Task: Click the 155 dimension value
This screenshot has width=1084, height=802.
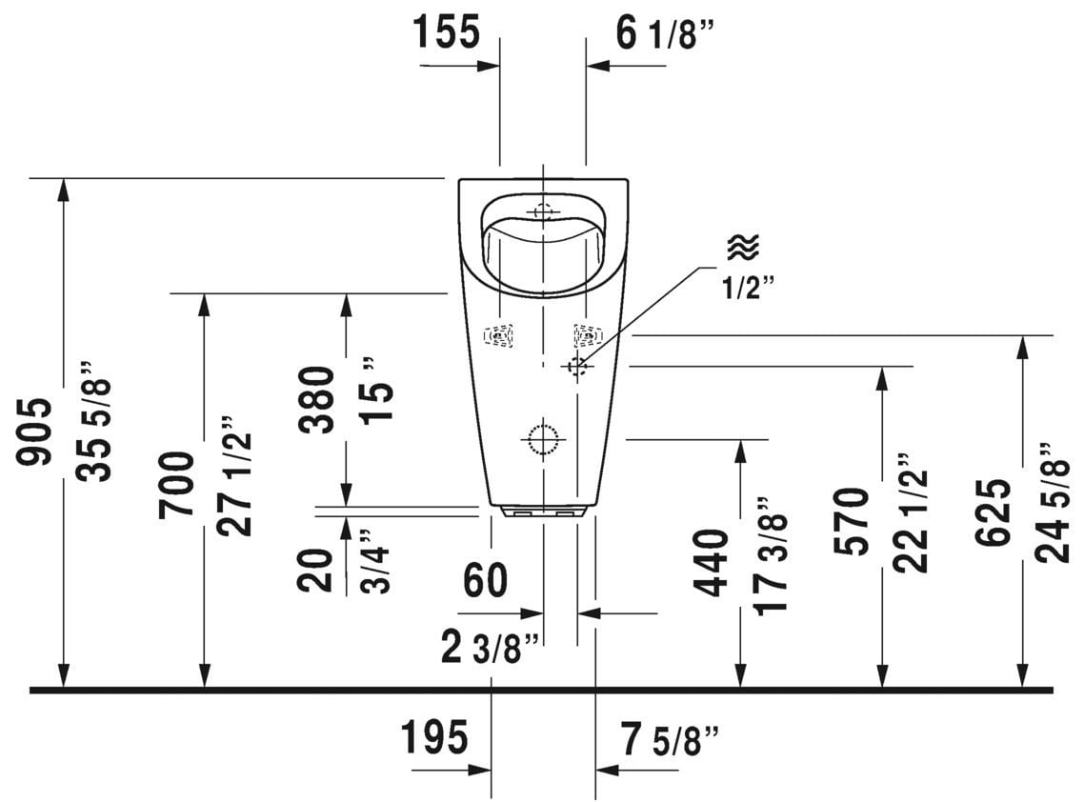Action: click(x=446, y=31)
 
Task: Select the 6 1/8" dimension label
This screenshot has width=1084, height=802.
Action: click(x=664, y=33)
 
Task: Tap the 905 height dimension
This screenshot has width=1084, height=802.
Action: click(x=34, y=431)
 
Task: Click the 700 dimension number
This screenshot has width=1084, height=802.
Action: click(x=176, y=485)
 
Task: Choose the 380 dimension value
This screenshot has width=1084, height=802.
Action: click(x=316, y=400)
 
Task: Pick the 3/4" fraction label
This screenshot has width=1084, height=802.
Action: click(x=376, y=561)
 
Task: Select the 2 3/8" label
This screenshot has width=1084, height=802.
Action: click(x=490, y=648)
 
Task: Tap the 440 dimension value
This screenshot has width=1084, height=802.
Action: click(x=712, y=562)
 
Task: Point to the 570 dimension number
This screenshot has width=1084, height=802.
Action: click(x=852, y=521)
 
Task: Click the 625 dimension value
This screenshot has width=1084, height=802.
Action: click(x=994, y=511)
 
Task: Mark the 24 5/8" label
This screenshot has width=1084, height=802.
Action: click(x=1054, y=503)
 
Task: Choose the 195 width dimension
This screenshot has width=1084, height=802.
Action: click(x=434, y=737)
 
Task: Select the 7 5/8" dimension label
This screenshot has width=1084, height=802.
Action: click(x=670, y=739)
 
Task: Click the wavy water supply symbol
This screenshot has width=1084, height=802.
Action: click(x=743, y=247)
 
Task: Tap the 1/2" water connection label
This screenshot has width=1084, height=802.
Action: click(x=749, y=287)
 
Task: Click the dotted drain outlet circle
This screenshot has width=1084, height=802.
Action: click(x=543, y=438)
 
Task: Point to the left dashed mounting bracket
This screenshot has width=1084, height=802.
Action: click(x=498, y=335)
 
